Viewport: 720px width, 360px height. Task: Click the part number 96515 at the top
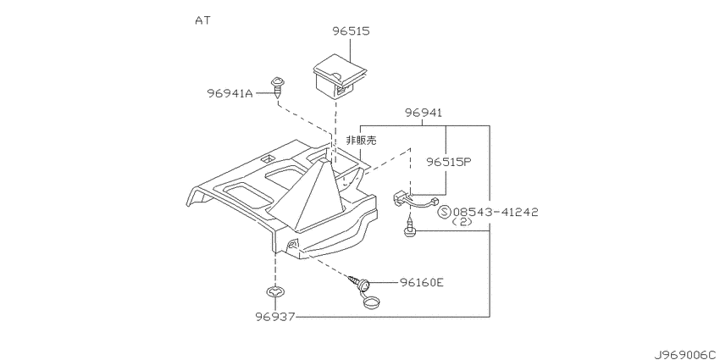352,31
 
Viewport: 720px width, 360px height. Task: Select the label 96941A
230,93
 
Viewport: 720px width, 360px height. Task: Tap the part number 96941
424,113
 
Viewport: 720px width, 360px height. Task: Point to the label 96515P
449,162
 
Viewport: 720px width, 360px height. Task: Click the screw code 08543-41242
495,212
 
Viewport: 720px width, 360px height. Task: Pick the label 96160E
421,282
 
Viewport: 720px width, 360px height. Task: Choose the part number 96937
275,317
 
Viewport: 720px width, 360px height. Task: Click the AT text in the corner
202,20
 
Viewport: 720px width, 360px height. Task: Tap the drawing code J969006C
686,355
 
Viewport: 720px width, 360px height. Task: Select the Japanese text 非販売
361,141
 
